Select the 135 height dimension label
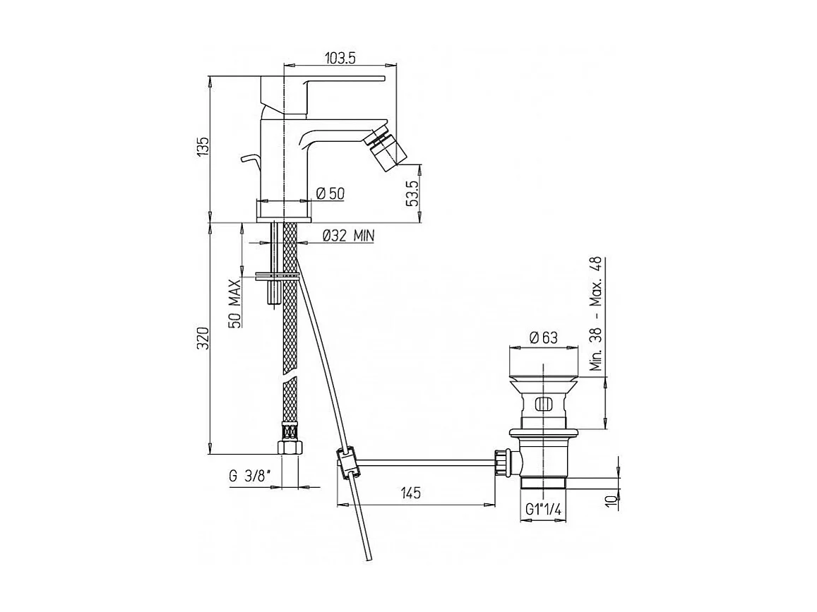click(x=203, y=150)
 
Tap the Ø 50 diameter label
click(x=329, y=193)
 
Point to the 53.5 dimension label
click(x=414, y=193)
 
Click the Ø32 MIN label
click(x=347, y=236)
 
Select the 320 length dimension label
click(x=203, y=339)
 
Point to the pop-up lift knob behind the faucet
click(x=248, y=160)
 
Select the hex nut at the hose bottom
click(x=290, y=448)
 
